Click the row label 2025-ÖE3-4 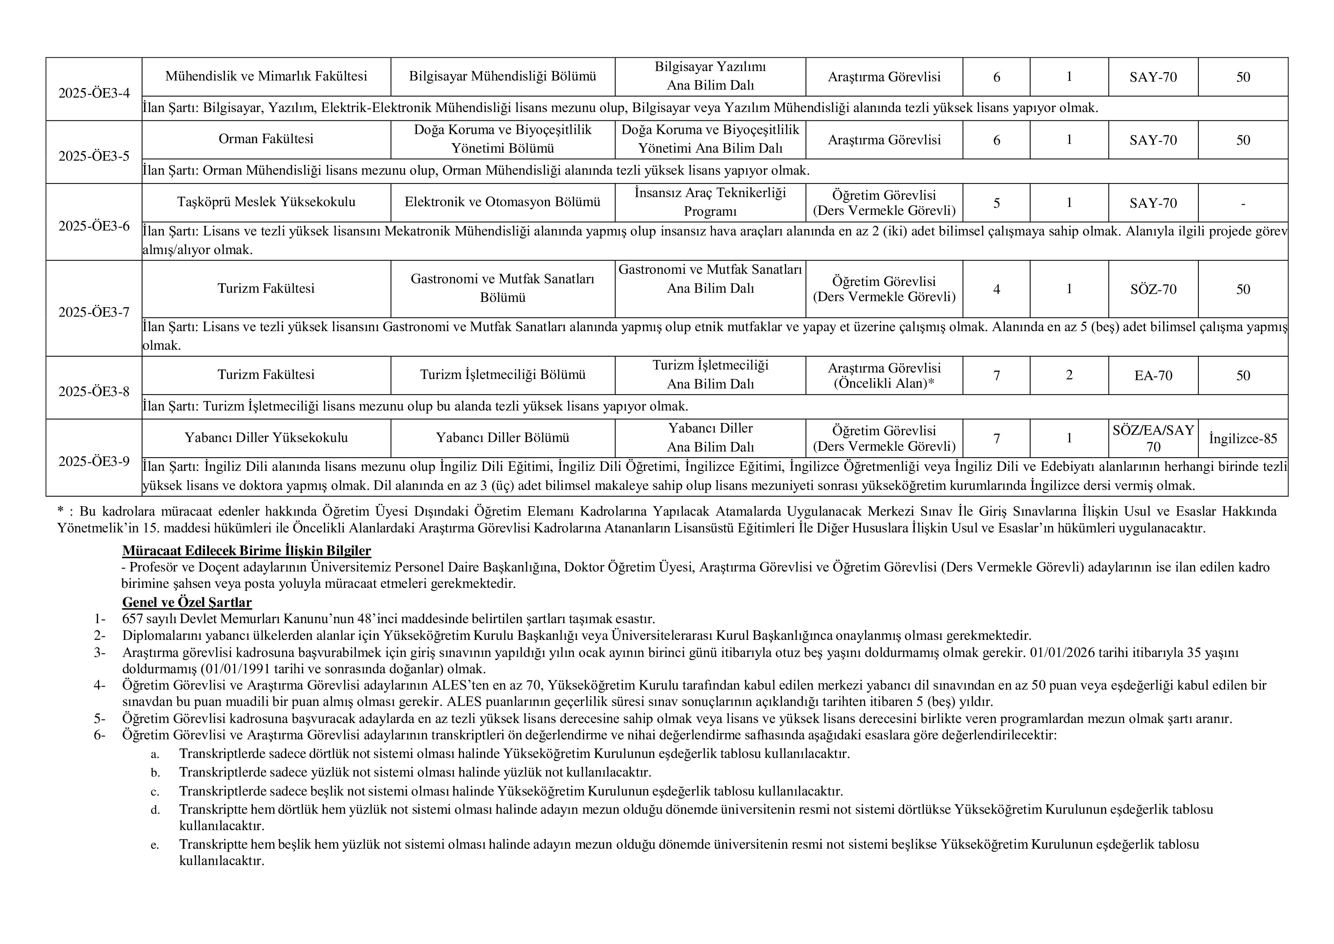click(94, 93)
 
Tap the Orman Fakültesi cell click(266, 139)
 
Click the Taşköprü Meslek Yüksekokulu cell click(266, 202)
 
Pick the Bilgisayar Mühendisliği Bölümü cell click(502, 76)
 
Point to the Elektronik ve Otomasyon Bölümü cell click(502, 202)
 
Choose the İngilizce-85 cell click(1243, 438)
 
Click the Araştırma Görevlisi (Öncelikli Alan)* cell click(884, 376)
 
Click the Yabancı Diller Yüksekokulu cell click(266, 438)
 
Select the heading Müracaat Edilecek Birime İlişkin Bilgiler click(246, 551)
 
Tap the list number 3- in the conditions click(99, 653)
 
